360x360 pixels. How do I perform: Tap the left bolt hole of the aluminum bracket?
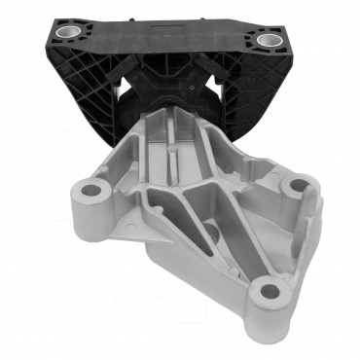pyautogui.click(x=93, y=189)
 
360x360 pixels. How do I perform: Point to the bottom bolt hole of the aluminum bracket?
pyautogui.click(x=267, y=292)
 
